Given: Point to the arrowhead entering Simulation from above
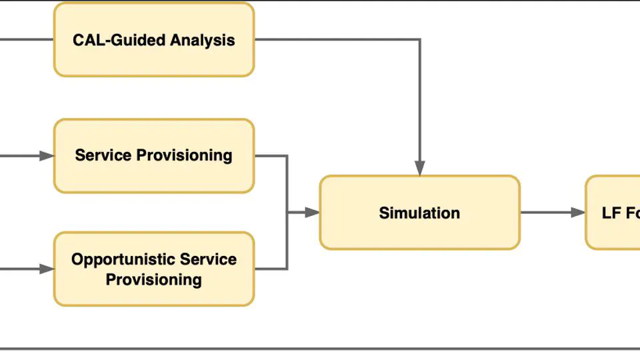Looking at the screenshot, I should (420, 169).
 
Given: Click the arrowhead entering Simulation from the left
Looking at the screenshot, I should (313, 213).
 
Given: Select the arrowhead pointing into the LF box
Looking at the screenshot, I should (578, 213).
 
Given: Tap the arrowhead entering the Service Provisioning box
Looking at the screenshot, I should (47, 156).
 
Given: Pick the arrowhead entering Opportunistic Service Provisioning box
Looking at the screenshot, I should (47, 269).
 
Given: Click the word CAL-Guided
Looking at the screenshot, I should (119, 40).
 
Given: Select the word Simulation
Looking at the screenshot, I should (419, 213).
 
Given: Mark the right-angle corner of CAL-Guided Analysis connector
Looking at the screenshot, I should (420, 39).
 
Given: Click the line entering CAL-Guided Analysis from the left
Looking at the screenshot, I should (27, 39).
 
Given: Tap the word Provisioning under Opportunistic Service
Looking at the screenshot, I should (154, 279).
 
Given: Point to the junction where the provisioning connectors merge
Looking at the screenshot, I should (287, 213).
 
